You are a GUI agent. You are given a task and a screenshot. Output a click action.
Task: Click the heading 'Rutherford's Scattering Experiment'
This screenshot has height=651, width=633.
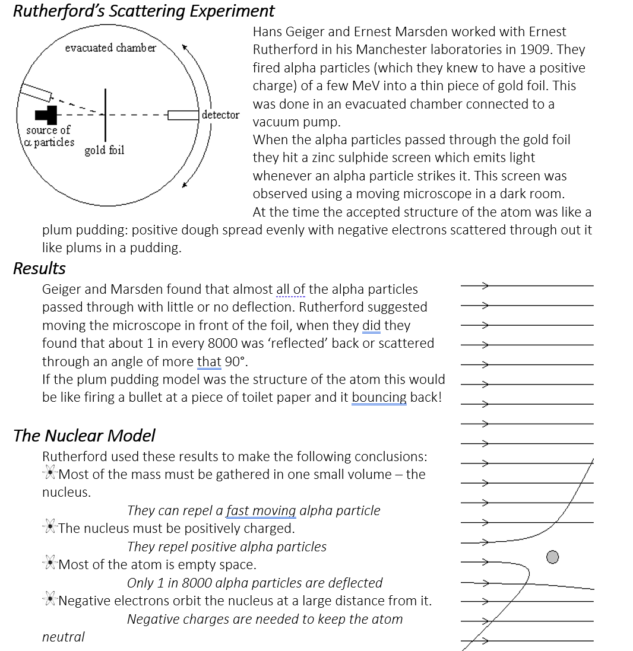click(144, 11)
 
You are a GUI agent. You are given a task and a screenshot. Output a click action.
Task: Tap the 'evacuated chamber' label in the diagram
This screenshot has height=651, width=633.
click(110, 47)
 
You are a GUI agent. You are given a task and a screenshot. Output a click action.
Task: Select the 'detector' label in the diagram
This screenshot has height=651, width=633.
click(220, 115)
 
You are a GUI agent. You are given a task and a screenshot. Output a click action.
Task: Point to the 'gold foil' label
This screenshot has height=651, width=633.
click(105, 150)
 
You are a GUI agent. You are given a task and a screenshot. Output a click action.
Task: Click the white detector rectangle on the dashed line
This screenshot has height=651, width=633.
click(183, 115)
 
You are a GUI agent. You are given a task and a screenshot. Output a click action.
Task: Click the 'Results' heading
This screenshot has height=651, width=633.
click(39, 269)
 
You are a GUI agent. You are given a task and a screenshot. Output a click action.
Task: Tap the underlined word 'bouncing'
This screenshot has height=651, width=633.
click(379, 398)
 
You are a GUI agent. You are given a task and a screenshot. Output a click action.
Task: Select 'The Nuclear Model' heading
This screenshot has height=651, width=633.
click(84, 436)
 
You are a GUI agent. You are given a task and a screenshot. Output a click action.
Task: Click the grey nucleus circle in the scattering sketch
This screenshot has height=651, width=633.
click(552, 557)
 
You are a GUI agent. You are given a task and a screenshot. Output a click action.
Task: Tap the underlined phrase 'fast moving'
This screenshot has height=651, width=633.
click(261, 511)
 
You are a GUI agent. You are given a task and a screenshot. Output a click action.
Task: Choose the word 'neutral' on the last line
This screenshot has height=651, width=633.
click(64, 637)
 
